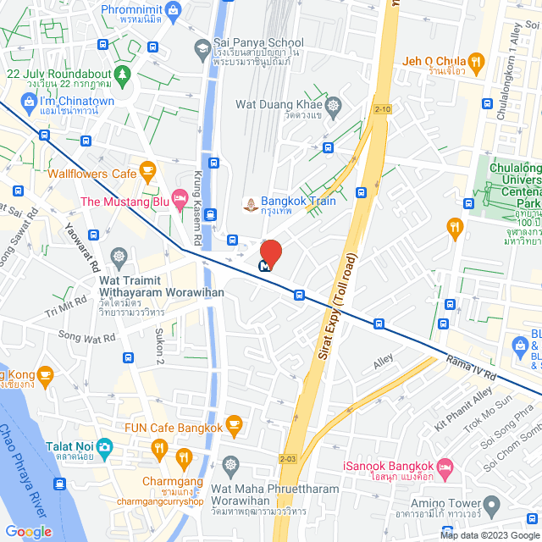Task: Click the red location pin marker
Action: click(x=270, y=253)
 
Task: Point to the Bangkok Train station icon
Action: click(x=251, y=203)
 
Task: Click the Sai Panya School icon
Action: click(x=202, y=49)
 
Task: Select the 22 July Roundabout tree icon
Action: click(x=124, y=74)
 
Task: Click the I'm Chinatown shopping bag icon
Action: click(x=28, y=102)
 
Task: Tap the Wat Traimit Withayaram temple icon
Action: click(x=119, y=256)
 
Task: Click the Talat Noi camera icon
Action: click(x=103, y=445)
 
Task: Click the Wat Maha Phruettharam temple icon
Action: click(x=230, y=464)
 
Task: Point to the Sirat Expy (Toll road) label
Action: click(x=335, y=314)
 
